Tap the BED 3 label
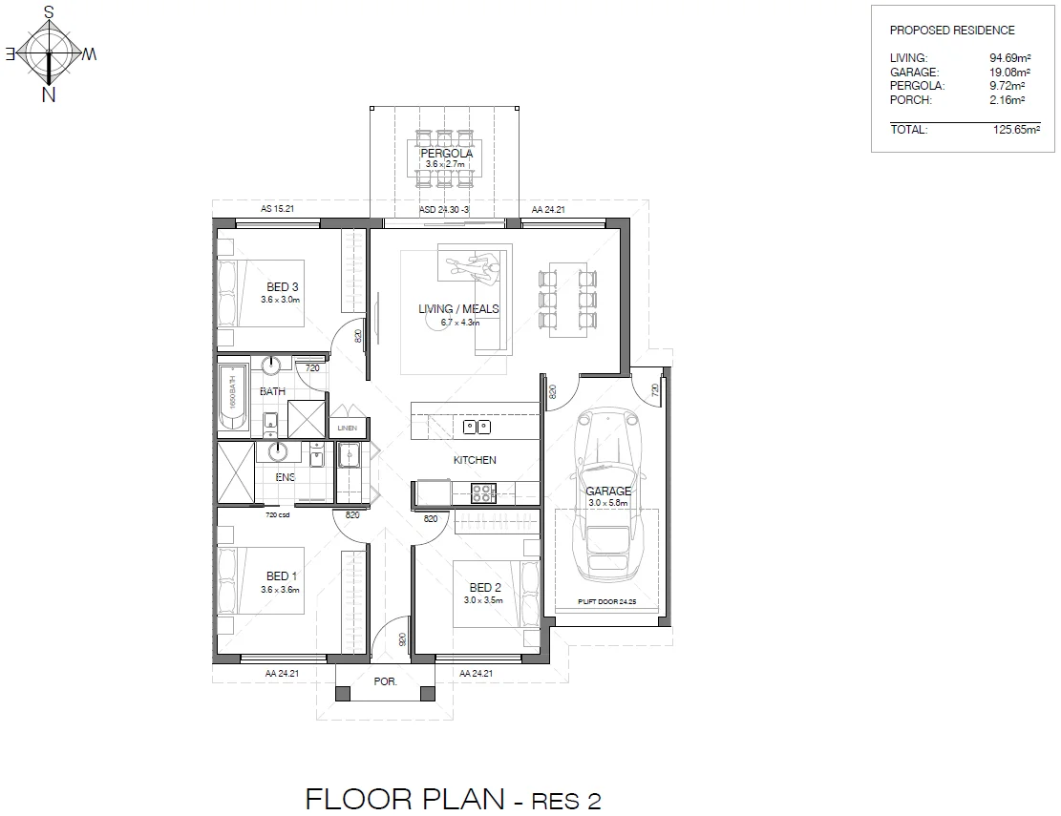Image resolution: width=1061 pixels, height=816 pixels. tap(282, 287)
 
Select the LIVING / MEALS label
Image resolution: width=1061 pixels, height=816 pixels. tap(458, 309)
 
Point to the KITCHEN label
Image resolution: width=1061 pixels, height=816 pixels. tap(475, 460)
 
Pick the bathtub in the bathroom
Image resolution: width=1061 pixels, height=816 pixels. tap(231, 398)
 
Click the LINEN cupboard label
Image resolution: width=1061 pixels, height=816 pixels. tap(347, 429)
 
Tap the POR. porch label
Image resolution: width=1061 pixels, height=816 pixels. tap(385, 682)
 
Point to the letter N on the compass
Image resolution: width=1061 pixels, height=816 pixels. tap(48, 94)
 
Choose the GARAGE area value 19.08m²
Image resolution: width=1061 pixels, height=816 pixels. tap(1008, 72)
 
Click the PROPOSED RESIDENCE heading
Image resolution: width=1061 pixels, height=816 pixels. tap(939, 31)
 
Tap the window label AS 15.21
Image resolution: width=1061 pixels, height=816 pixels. tap(278, 208)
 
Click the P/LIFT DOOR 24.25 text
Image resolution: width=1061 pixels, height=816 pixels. tap(606, 602)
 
